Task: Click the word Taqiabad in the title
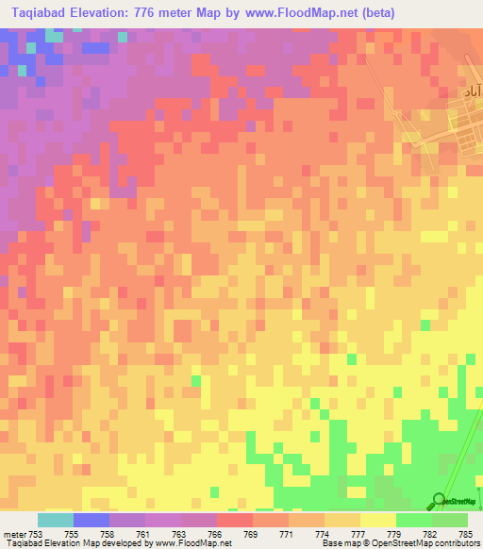tap(41, 13)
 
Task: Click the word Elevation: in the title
tap(109, 13)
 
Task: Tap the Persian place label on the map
tap(472, 91)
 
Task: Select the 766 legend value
tap(216, 534)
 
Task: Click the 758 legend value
tap(108, 534)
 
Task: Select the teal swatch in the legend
tap(55, 520)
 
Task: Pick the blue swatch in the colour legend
tap(91, 520)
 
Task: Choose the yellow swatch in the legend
tap(377, 520)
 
